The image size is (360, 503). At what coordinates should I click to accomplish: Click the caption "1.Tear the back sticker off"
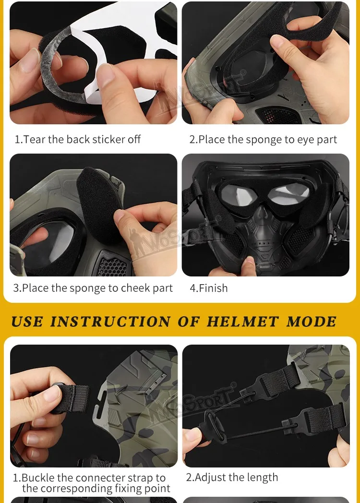(78, 139)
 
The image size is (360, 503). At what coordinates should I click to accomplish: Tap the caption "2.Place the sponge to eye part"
(263, 140)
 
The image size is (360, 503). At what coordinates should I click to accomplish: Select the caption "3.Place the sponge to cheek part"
(93, 288)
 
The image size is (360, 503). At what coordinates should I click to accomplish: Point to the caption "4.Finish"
(208, 288)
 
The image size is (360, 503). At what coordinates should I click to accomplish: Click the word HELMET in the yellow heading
(243, 322)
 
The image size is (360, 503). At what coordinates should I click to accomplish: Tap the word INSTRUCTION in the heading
(110, 322)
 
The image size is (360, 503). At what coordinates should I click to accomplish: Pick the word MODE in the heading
(311, 322)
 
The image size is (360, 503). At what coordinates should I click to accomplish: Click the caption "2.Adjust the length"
(232, 478)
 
